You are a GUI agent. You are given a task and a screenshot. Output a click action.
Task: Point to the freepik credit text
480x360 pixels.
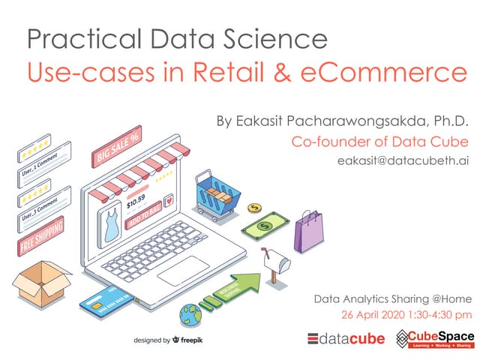(168, 340)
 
